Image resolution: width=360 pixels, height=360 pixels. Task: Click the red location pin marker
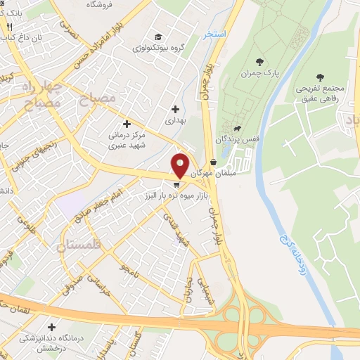point(181,165)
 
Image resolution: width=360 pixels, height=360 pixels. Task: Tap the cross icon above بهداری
point(175,109)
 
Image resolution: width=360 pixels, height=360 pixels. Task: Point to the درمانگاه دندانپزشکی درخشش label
point(53,342)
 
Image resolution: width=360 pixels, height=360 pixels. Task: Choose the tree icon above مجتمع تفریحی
point(321,77)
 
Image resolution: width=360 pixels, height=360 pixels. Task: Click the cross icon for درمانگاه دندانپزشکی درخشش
point(52,327)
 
